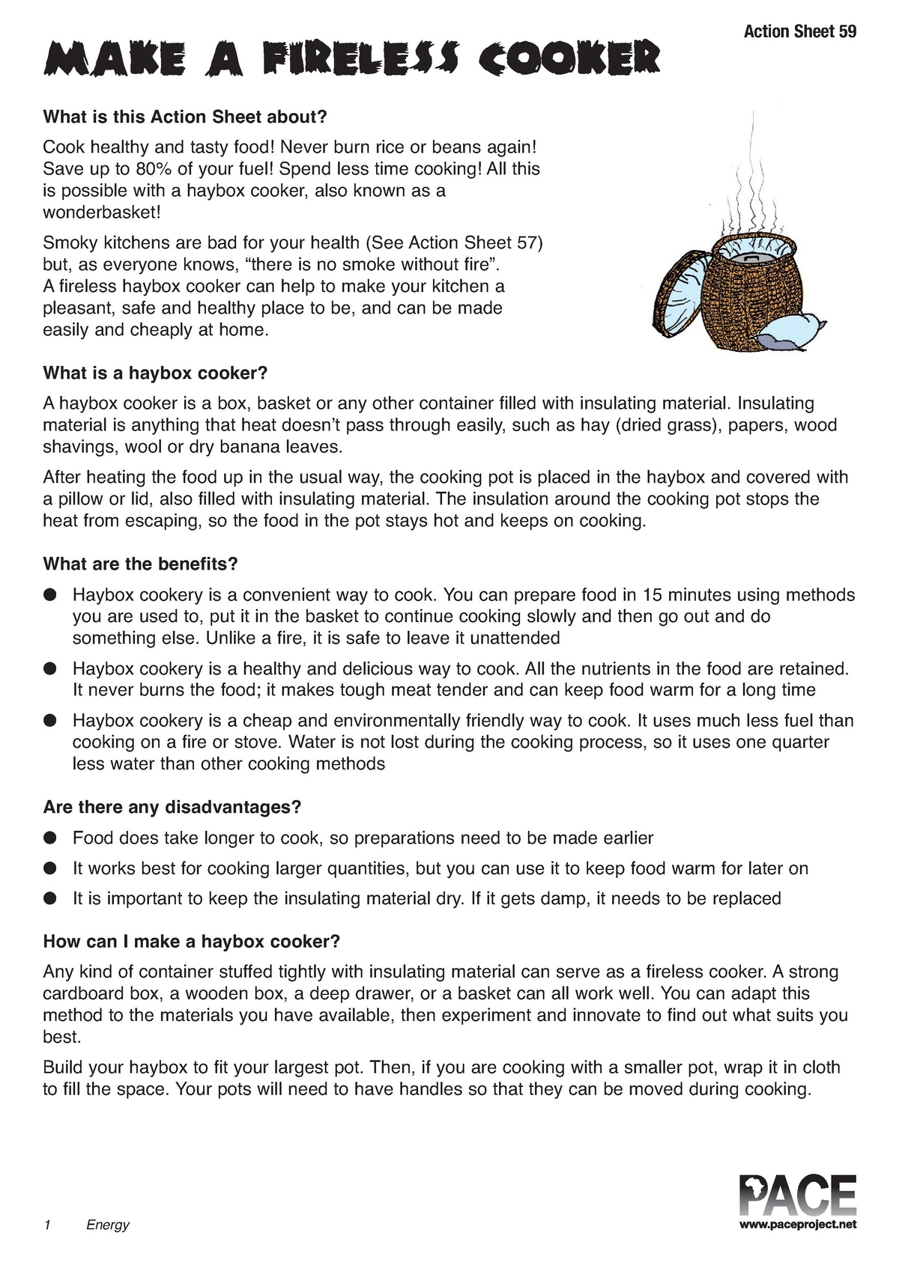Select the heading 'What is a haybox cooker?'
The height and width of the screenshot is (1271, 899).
[155, 373]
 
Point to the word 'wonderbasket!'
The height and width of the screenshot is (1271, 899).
[102, 212]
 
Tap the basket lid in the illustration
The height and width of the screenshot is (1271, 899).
[679, 296]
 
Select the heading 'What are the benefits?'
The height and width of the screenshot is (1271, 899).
[140, 564]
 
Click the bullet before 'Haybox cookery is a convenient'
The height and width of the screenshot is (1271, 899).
[50, 595]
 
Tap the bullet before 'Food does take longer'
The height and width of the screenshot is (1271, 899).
[50, 838]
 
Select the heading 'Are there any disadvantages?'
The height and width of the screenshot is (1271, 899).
[172, 807]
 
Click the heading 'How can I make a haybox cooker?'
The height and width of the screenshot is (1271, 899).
[192, 941]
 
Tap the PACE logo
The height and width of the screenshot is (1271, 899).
[797, 1196]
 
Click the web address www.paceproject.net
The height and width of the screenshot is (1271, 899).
[797, 1225]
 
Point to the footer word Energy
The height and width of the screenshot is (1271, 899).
[108, 1225]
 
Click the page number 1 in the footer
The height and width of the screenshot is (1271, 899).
[47, 1225]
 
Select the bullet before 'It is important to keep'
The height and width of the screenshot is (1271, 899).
[50, 898]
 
